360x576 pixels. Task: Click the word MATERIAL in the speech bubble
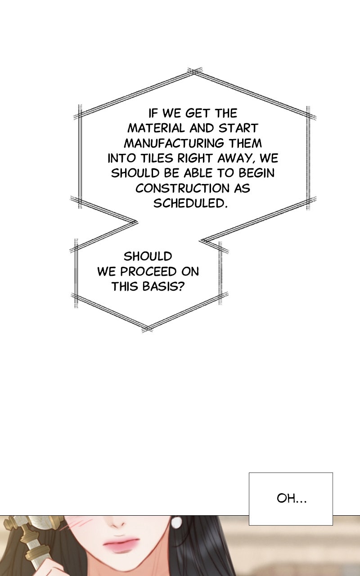tap(156, 128)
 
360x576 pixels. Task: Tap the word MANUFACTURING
tap(174, 143)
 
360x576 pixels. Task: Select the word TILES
tap(157, 158)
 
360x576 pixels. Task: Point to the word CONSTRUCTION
tap(182, 189)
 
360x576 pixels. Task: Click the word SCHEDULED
tap(190, 203)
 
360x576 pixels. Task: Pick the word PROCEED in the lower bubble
tap(148, 271)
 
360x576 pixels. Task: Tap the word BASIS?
tap(163, 287)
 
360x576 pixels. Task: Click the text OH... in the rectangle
tap(292, 499)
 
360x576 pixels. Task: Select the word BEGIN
tap(256, 173)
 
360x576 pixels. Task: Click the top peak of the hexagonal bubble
tap(194, 71)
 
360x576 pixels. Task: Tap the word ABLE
tap(198, 173)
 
